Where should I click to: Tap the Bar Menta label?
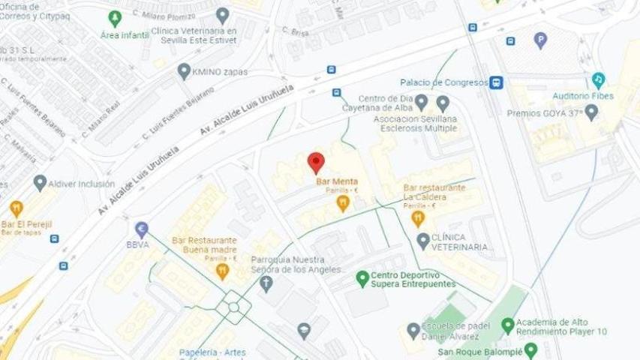(x=335, y=181)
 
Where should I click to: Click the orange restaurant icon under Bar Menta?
(x=343, y=202)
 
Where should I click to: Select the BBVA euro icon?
(x=141, y=229)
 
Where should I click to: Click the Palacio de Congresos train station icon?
(x=496, y=83)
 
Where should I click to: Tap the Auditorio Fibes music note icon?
(x=598, y=79)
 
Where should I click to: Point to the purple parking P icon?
(x=540, y=40)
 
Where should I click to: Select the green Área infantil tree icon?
(x=115, y=18)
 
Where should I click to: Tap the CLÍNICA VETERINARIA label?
(x=459, y=241)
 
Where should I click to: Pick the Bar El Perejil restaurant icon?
(x=16, y=208)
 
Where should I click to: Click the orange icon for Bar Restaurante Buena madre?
(x=222, y=272)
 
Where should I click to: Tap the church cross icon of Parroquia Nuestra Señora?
(x=266, y=284)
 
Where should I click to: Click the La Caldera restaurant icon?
(x=419, y=218)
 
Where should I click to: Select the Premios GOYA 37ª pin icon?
(x=591, y=112)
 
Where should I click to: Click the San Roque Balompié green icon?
(x=531, y=350)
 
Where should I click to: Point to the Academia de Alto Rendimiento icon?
(x=508, y=325)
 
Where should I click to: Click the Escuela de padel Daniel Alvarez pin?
(x=413, y=330)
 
